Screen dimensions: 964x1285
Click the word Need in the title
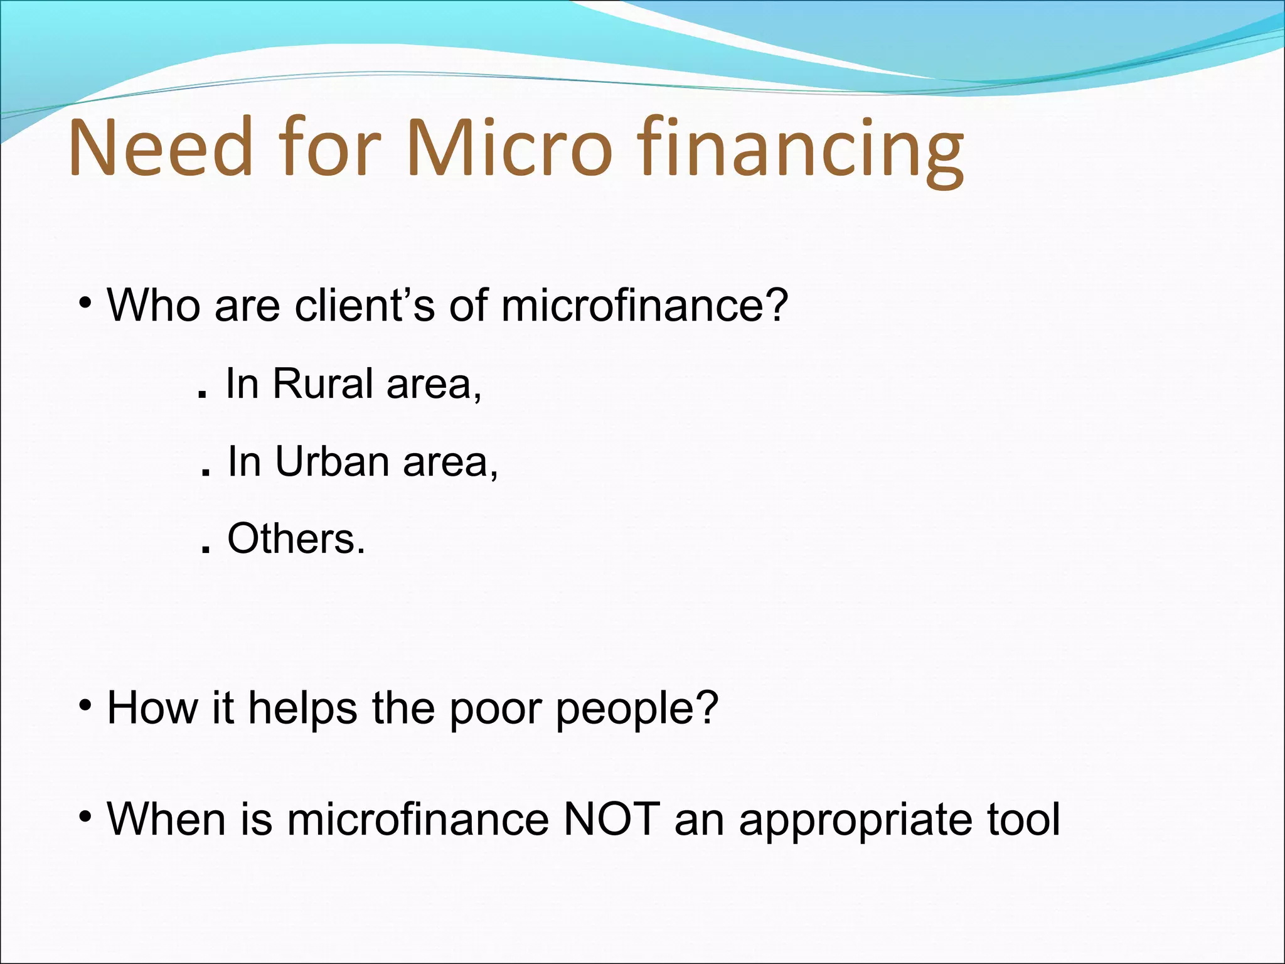pos(161,147)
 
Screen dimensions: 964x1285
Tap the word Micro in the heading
pos(508,147)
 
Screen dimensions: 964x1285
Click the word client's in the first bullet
pos(365,306)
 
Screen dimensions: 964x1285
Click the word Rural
pos(323,383)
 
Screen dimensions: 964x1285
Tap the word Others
pos(295,538)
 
